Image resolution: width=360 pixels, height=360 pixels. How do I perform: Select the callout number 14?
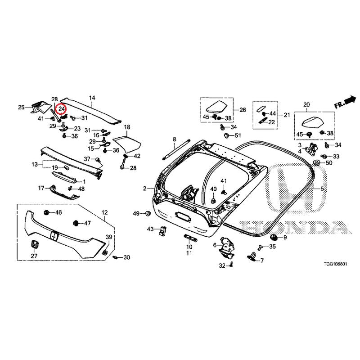click(92, 98)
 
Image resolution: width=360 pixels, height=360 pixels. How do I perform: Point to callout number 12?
click(104, 212)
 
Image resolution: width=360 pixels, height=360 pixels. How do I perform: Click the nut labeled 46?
click(47, 212)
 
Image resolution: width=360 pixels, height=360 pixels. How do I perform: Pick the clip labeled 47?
click(76, 223)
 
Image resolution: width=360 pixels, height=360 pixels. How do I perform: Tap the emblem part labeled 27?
click(34, 244)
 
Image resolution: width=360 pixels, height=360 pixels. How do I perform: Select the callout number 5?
click(322, 189)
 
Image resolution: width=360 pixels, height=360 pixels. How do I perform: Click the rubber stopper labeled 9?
click(273, 237)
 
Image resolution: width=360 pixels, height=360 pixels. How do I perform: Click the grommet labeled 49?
click(148, 213)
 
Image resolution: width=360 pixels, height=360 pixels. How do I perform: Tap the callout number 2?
click(145, 189)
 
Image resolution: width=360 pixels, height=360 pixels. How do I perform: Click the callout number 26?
click(243, 110)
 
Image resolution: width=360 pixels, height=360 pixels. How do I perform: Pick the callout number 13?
click(35, 165)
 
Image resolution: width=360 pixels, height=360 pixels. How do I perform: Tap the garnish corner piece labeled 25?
click(39, 107)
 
